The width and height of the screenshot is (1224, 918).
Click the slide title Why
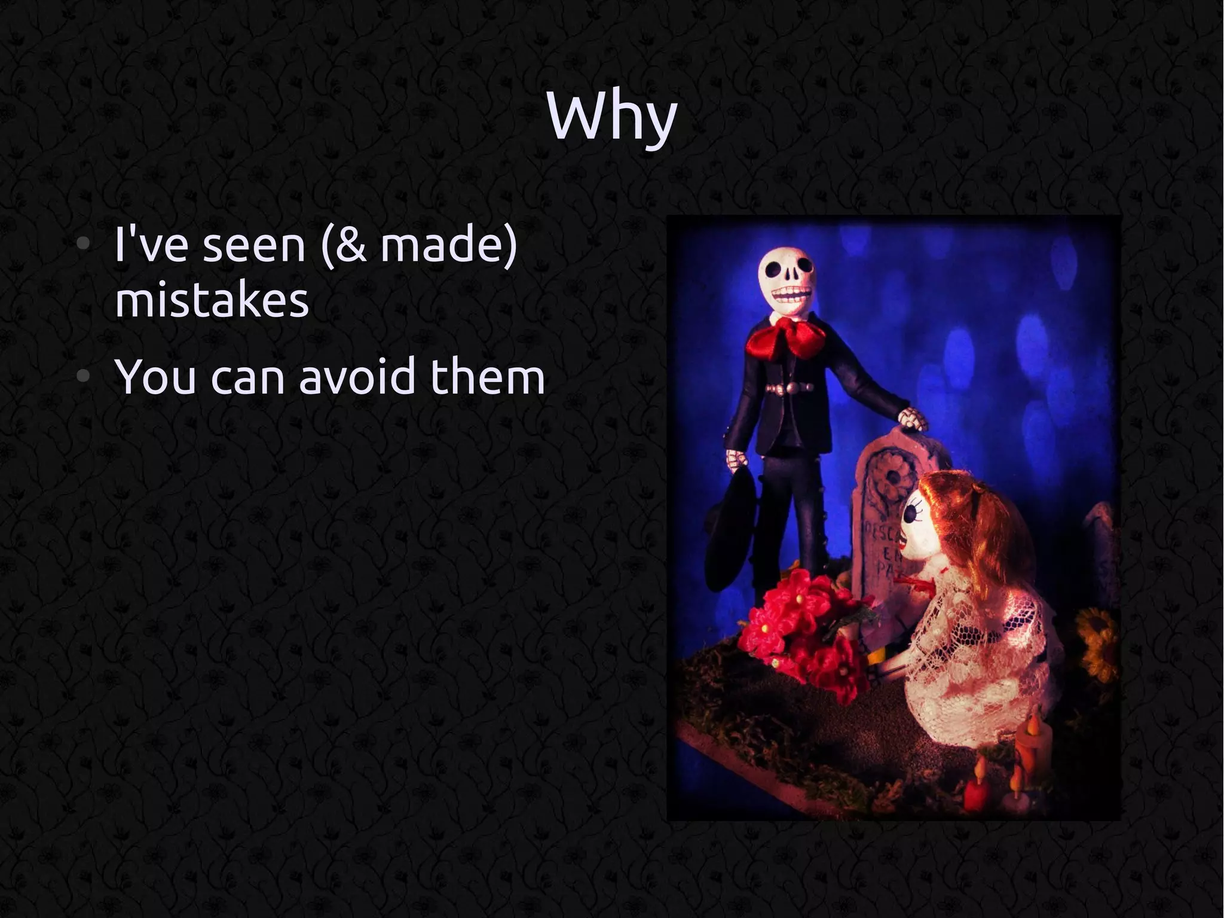pos(611,117)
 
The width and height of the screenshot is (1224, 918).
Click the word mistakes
pos(212,300)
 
